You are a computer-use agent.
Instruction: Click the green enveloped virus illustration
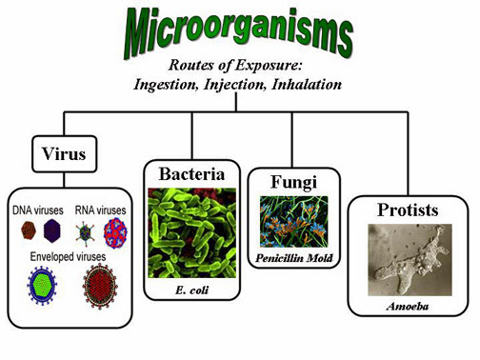[x=43, y=288]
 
